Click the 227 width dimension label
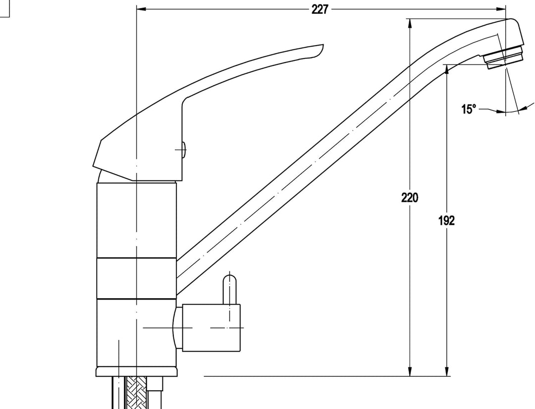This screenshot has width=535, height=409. tap(320, 9)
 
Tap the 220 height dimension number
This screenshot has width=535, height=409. tap(410, 198)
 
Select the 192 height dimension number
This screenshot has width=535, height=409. tap(447, 221)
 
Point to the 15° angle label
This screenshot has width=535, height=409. tap(469, 109)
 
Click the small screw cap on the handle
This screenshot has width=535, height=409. tap(184, 150)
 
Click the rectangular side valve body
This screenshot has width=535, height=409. tap(211, 327)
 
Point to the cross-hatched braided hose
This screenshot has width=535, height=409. tap(136, 392)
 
